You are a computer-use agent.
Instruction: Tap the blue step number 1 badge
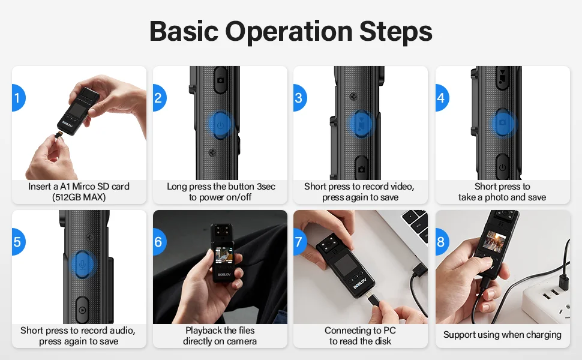17,98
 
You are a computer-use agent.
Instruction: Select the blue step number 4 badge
442,98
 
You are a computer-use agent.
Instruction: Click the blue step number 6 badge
158,242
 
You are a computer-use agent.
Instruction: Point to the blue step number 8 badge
442,242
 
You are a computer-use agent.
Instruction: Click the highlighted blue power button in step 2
220,125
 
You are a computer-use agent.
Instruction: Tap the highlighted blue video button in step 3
361,124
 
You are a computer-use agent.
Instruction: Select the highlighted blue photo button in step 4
503,124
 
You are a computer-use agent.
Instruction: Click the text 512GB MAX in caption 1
79,197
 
